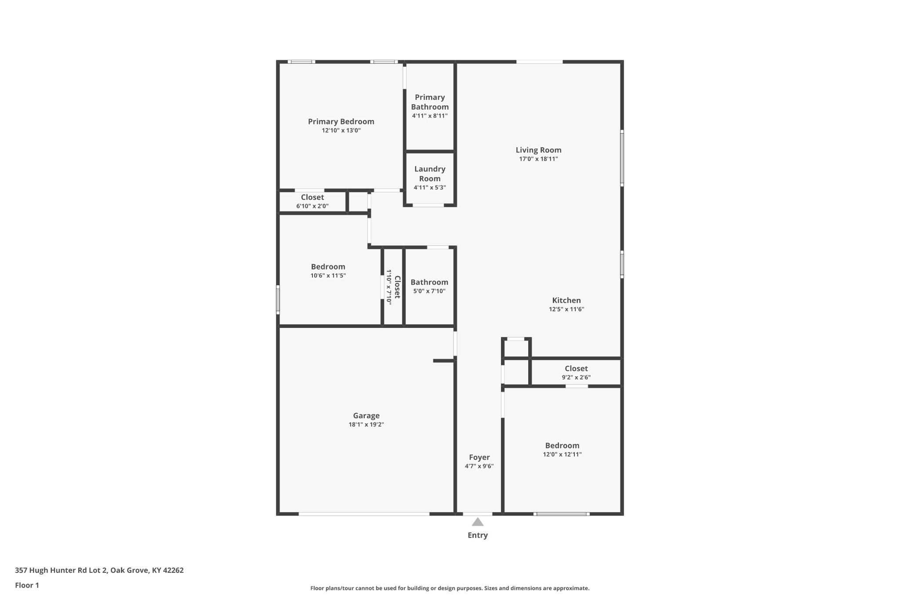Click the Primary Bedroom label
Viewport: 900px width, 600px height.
pyautogui.click(x=341, y=122)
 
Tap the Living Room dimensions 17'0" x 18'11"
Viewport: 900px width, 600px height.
pyautogui.click(x=538, y=159)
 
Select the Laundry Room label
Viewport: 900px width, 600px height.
pyautogui.click(x=429, y=174)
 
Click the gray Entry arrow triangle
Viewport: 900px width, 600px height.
pyautogui.click(x=478, y=522)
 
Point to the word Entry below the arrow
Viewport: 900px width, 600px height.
pyautogui.click(x=478, y=535)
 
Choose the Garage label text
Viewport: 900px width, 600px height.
pyautogui.click(x=366, y=416)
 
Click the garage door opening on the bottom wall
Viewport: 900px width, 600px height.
pyautogui.click(x=364, y=513)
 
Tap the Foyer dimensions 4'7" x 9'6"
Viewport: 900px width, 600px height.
pyautogui.click(x=479, y=466)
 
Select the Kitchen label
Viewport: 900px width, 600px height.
pyautogui.click(x=566, y=301)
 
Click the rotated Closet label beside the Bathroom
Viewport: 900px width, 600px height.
pyautogui.click(x=397, y=287)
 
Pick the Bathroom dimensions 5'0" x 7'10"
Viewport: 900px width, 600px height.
pyautogui.click(x=429, y=291)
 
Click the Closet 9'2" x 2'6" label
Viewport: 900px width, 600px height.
pyautogui.click(x=576, y=369)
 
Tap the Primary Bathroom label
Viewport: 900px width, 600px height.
pyautogui.click(x=430, y=102)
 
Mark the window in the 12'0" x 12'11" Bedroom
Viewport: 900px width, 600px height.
pyautogui.click(x=562, y=513)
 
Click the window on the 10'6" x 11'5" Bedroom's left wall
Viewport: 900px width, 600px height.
pyautogui.click(x=278, y=300)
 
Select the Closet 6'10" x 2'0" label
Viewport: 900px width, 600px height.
pyautogui.click(x=312, y=198)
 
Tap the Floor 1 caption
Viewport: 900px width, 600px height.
pyautogui.click(x=27, y=585)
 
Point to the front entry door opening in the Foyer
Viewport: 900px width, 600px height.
pyautogui.click(x=478, y=513)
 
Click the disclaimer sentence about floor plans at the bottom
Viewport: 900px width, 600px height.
pyautogui.click(x=450, y=588)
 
